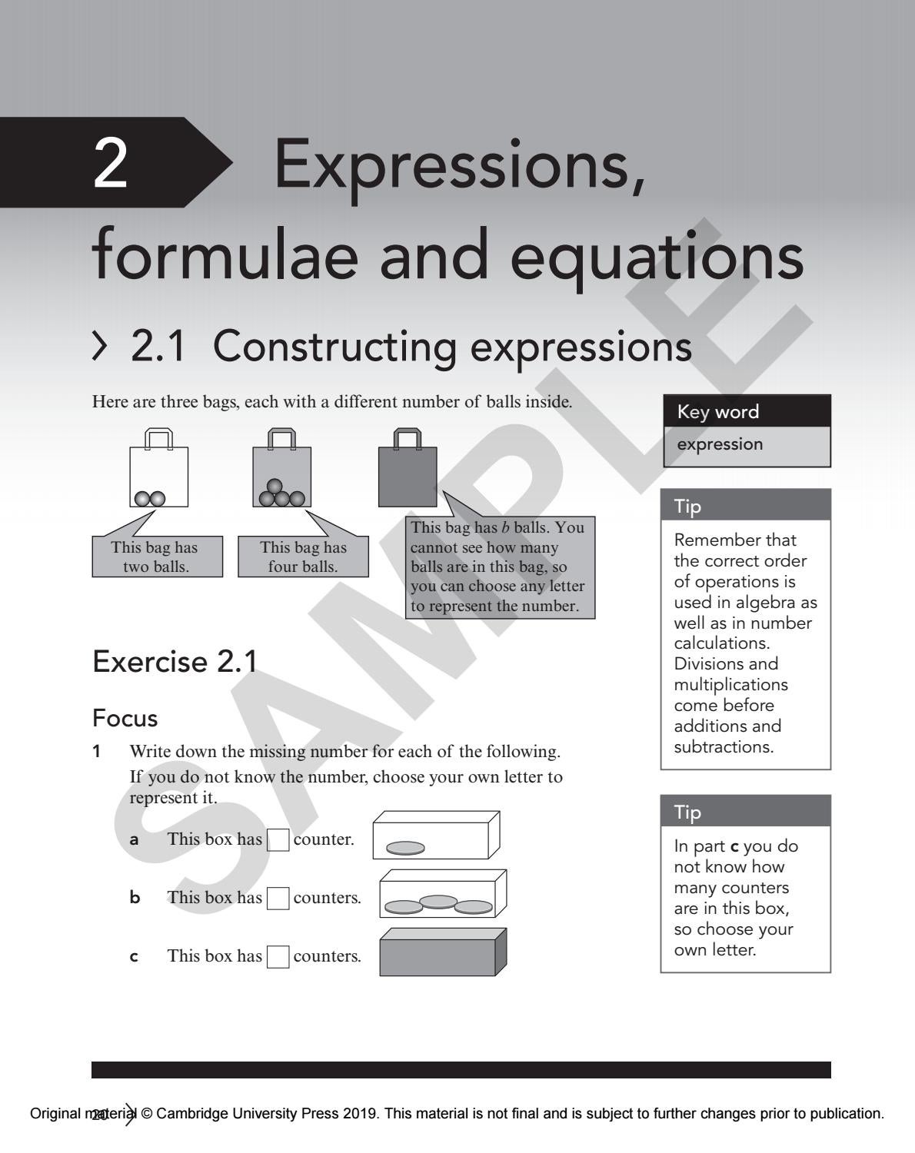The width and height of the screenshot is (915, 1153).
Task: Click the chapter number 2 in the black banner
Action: click(110, 164)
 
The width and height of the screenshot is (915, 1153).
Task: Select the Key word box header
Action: click(747, 411)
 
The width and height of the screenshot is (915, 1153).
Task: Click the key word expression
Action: click(720, 444)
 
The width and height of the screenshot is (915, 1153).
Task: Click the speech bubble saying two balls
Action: click(157, 557)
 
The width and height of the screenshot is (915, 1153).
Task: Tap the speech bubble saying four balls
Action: click(303, 557)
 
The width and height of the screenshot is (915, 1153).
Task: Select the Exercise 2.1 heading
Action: click(175, 662)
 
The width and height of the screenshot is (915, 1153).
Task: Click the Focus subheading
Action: click(125, 718)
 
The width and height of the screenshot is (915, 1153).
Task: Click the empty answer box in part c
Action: click(278, 957)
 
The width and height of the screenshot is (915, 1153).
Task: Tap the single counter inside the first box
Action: click(404, 848)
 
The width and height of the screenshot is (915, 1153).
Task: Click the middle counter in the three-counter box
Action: click(439, 901)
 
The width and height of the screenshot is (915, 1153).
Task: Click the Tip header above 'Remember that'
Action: click(745, 506)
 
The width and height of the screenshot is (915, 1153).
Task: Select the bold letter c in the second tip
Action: click(734, 846)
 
